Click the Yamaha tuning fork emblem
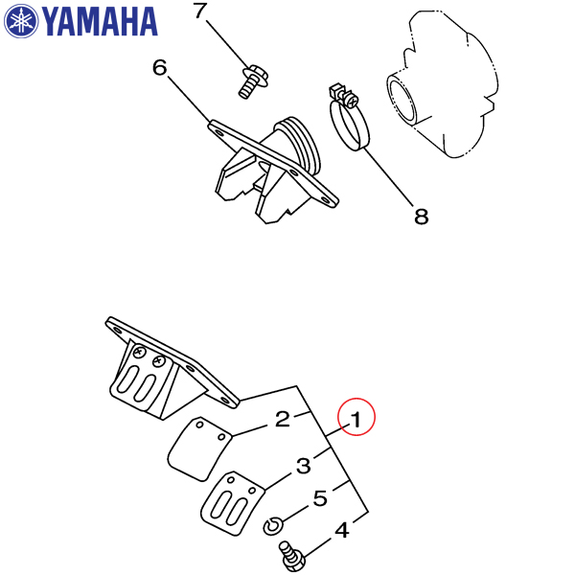pos(21,21)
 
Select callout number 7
pos(200,11)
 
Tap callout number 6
pos(160,68)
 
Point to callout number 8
pos(422,216)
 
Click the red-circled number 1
pos(356,417)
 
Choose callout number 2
pos(283,419)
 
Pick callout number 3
pos(303,466)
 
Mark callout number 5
pos(320,498)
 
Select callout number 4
pos(342,530)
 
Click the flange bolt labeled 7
pos(253,81)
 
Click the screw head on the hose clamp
pos(352,100)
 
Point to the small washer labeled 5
pos(273,526)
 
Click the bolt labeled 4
pos(292,556)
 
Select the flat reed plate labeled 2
pos(199,448)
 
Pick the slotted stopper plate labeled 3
pos(233,503)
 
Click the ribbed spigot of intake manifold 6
pos(299,145)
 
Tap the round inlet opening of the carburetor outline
pos(402,99)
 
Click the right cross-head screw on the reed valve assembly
pos(159,361)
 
